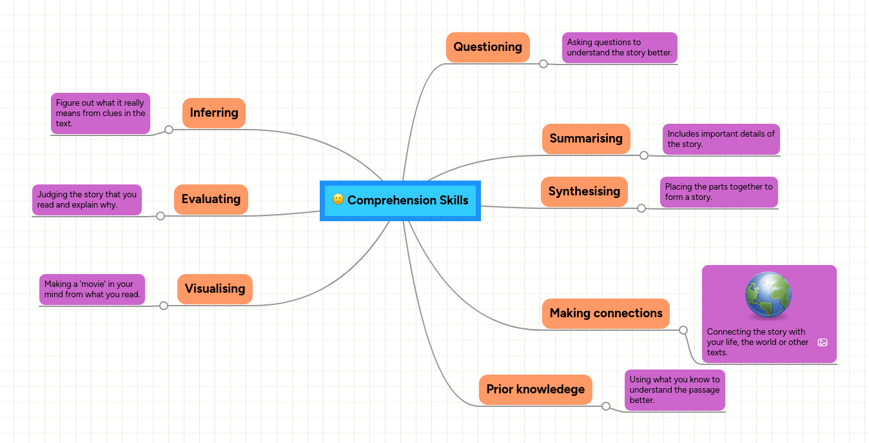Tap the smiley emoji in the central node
338,199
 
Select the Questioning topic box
487,47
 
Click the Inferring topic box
214,113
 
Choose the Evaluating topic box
211,199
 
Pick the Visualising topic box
215,288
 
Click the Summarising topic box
585,139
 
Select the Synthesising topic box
584,192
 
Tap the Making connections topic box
605,313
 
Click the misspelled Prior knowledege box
535,389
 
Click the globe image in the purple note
768,295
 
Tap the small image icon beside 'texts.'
822,342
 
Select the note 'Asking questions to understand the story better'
619,48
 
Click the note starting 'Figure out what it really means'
100,113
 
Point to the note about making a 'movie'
92,290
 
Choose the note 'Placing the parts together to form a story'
718,192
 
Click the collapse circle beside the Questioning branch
543,64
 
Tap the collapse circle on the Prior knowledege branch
605,406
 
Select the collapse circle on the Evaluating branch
161,216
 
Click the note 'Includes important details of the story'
721,139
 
